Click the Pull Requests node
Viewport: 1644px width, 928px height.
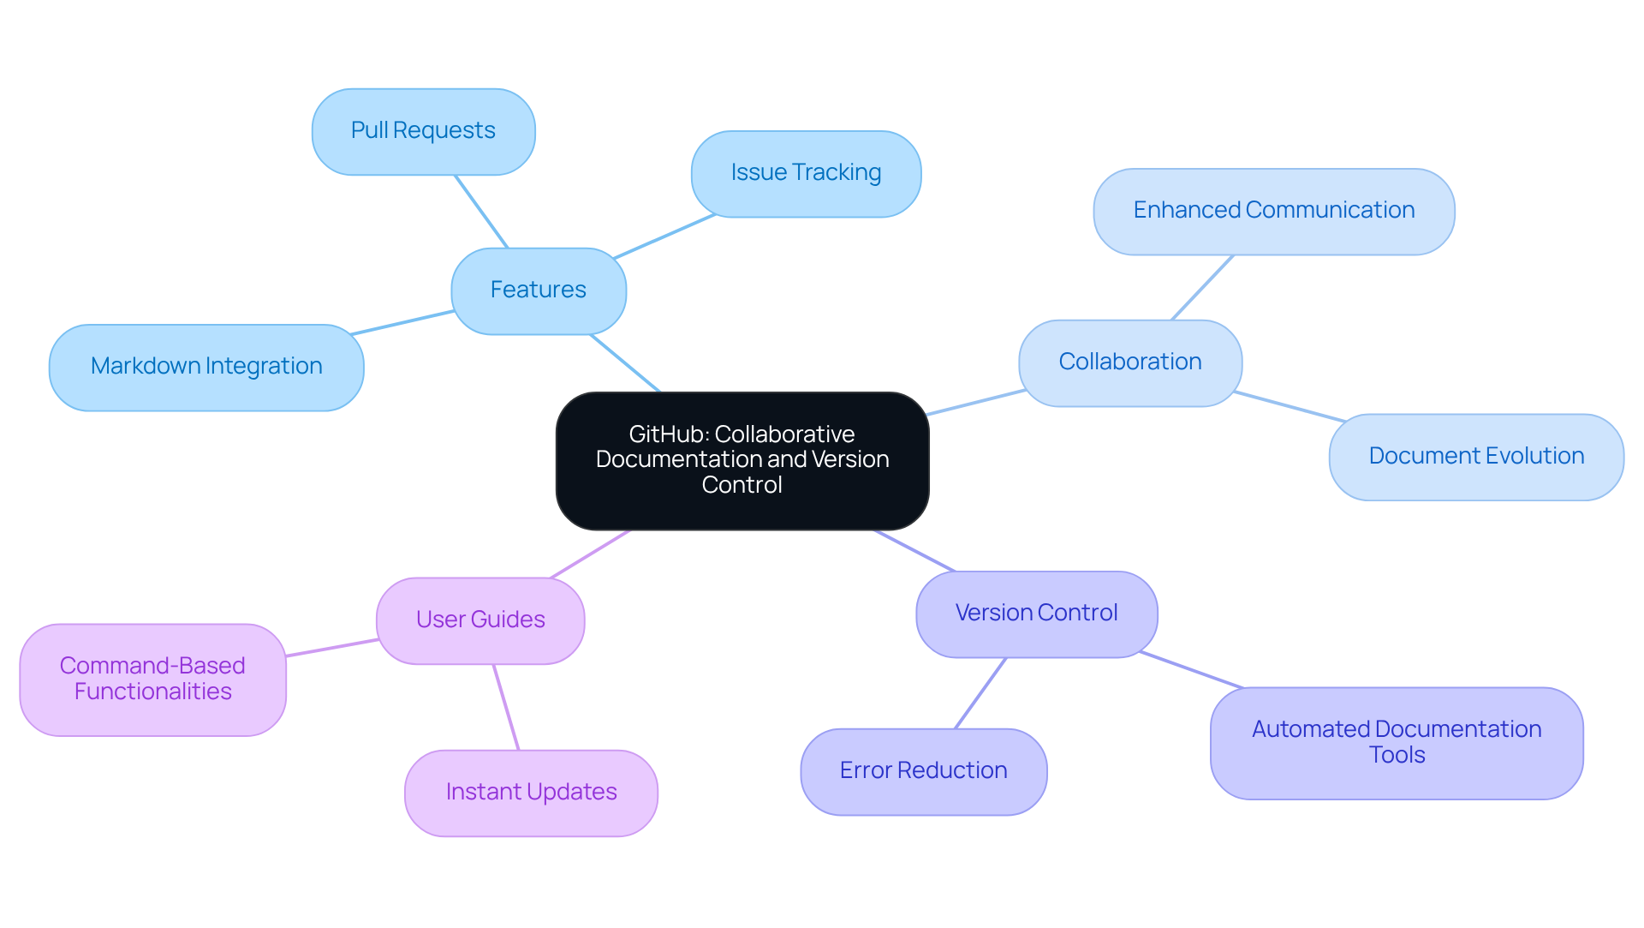point(423,131)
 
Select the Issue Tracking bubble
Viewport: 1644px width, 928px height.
point(806,173)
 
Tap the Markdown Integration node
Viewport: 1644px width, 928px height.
point(206,367)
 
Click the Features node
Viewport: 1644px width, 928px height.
point(538,290)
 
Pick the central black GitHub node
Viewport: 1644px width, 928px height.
point(742,460)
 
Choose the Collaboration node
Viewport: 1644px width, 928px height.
point(1129,362)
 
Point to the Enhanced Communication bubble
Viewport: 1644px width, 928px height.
point(1273,211)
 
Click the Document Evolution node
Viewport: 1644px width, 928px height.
point(1475,457)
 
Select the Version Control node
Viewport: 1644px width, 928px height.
point(1036,614)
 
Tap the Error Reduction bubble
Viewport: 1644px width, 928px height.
point(923,771)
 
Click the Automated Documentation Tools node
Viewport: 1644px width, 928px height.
point(1396,742)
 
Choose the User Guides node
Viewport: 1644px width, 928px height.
point(479,620)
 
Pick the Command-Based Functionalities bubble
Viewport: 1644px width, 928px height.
point(152,679)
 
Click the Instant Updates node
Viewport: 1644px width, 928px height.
point(531,793)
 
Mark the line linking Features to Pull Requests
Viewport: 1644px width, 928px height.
point(481,212)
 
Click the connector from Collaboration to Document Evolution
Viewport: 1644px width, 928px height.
point(1290,407)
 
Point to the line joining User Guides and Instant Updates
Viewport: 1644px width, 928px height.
point(506,707)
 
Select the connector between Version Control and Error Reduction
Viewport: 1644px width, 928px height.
point(980,693)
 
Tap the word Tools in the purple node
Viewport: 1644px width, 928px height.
point(1397,755)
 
